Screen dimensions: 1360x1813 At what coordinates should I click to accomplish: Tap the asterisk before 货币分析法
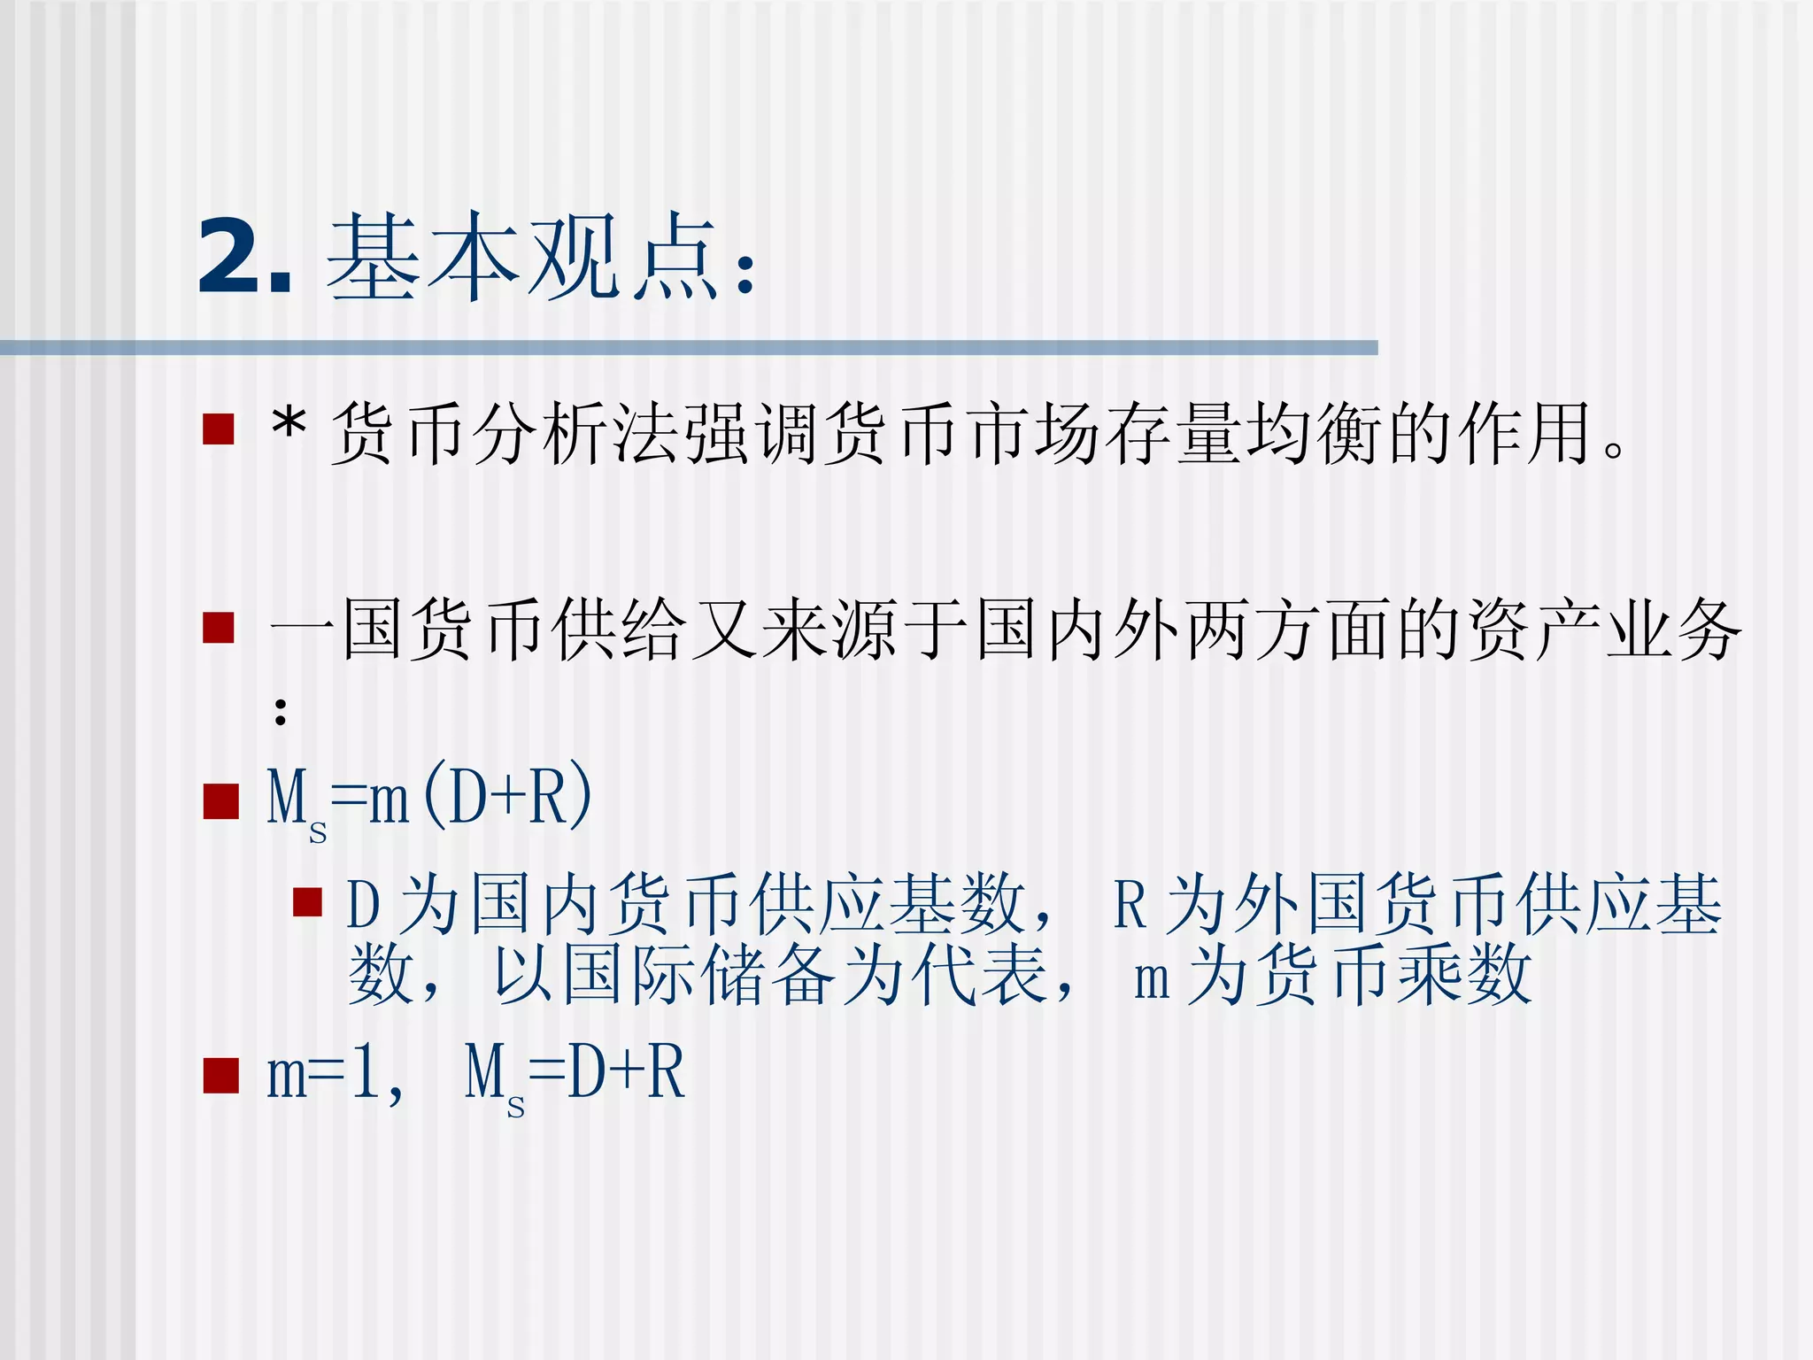(289, 431)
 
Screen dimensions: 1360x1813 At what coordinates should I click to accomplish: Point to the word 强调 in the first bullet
(758, 433)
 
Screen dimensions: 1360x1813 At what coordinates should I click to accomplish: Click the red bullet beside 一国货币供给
(218, 628)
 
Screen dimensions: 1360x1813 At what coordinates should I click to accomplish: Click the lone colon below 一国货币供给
(281, 711)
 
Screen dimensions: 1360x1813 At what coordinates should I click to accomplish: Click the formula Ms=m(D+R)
(429, 800)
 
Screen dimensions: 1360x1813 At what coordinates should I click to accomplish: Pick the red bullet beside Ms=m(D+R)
(220, 801)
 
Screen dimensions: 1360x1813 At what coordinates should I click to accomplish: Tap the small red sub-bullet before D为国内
(307, 902)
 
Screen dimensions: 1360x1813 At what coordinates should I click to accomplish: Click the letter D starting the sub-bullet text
(363, 905)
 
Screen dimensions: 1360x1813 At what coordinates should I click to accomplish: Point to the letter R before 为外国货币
(1129, 905)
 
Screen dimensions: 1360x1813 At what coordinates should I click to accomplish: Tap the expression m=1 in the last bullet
(323, 1074)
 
